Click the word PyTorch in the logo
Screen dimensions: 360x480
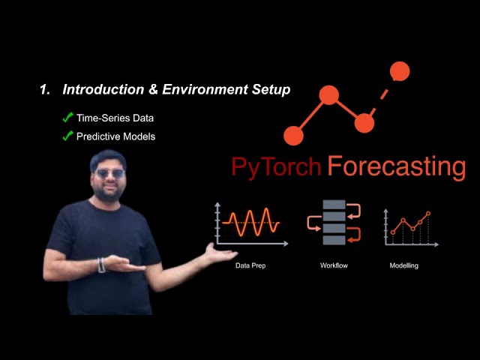click(x=276, y=166)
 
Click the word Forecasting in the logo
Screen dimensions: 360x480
click(x=396, y=166)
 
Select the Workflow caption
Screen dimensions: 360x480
click(x=334, y=265)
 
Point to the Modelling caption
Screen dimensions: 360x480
click(x=404, y=265)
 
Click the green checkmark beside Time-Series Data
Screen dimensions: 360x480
click(x=67, y=118)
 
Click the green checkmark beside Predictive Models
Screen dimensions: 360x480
click(x=67, y=136)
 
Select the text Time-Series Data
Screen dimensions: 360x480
click(x=115, y=118)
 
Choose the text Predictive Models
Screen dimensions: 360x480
click(x=115, y=136)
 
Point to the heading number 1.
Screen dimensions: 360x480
click(x=43, y=90)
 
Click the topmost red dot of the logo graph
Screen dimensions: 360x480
click(x=400, y=71)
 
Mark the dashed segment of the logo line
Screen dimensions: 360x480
click(x=382, y=97)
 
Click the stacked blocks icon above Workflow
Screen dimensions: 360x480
click(x=334, y=222)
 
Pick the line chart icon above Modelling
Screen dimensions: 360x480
click(x=409, y=224)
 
